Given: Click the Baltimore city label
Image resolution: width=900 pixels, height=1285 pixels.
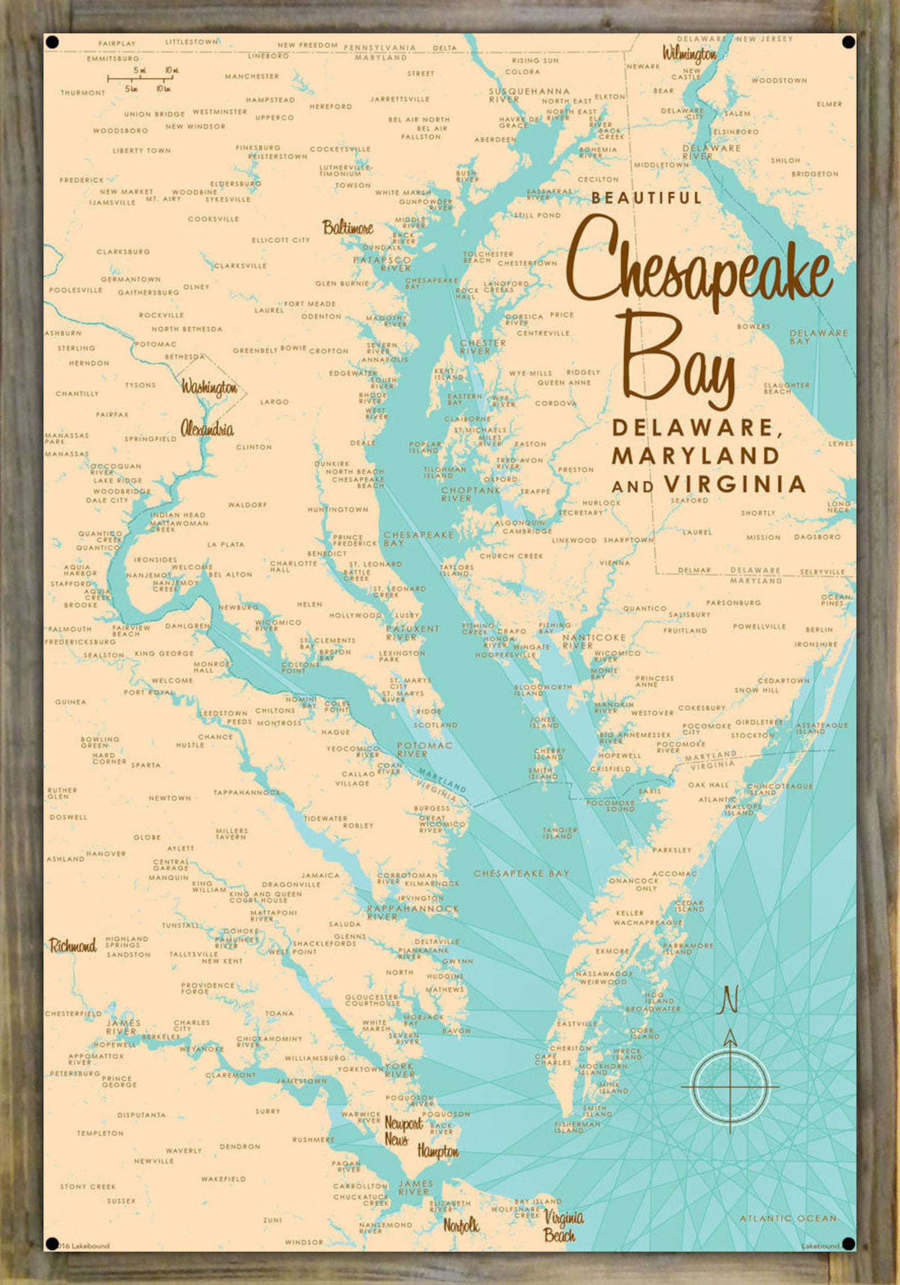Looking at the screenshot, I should point(348,228).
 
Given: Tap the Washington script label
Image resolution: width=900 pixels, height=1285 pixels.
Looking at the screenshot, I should point(209,387).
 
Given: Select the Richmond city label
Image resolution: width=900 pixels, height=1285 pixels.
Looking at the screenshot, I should point(73,945).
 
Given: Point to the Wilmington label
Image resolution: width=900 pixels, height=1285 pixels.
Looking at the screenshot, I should point(690,54).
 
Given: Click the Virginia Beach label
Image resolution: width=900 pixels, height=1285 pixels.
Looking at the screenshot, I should point(563,1226).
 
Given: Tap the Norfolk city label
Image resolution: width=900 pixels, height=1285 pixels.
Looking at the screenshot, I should point(461,1226).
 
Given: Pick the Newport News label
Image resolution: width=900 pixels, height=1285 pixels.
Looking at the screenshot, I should point(403,1130).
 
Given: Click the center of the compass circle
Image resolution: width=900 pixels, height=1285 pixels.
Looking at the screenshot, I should point(730,1086).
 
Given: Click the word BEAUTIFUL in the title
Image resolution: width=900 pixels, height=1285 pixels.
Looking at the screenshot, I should point(646,198).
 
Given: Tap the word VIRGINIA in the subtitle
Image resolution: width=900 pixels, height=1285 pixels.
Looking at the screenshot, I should point(735,484).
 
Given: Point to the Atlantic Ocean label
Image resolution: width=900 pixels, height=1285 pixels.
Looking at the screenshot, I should point(788,1218).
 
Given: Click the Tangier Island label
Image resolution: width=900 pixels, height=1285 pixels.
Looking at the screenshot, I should point(559,833).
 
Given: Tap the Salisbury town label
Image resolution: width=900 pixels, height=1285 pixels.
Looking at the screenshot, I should point(689,614).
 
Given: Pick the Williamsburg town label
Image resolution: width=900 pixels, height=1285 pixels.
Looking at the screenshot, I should point(315,1057).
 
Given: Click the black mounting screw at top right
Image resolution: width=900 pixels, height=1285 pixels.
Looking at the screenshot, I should point(848,42).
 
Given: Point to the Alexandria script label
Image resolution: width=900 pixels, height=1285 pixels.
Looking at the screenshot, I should point(207,429).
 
